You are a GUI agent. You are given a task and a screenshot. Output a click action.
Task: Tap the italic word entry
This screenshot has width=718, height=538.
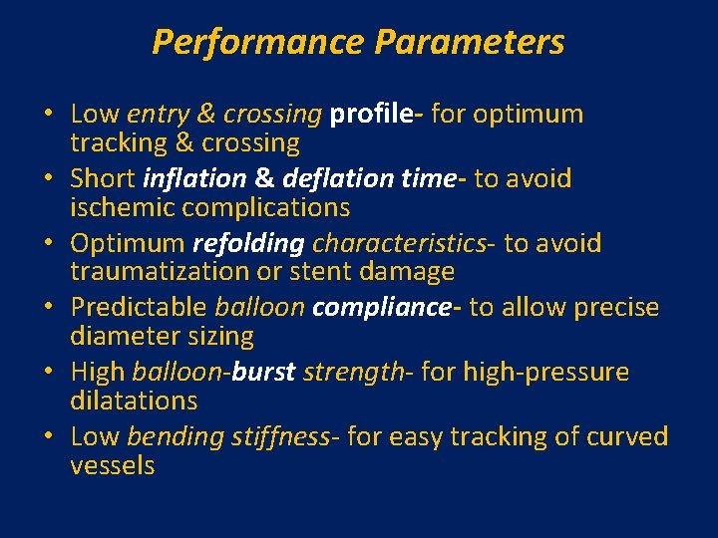pyautogui.click(x=157, y=115)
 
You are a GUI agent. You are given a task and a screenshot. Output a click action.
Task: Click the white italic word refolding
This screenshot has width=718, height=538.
pyautogui.click(x=248, y=243)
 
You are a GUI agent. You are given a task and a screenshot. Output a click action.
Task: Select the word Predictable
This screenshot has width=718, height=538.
pyautogui.click(x=138, y=308)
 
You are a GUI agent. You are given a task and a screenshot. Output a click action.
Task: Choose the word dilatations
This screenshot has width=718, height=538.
pyautogui.click(x=134, y=401)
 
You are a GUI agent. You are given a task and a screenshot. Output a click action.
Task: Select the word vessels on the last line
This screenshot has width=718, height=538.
pyautogui.click(x=113, y=465)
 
